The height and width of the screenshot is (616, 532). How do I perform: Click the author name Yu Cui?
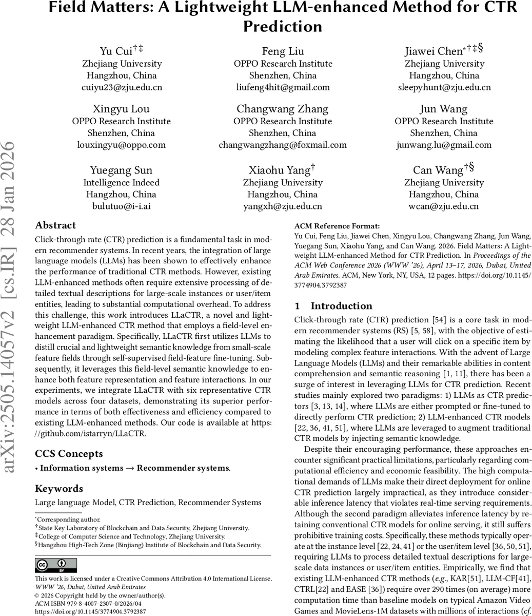click(115, 51)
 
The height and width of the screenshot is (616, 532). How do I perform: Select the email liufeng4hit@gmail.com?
click(283, 87)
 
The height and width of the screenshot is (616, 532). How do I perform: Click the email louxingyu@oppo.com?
click(122, 144)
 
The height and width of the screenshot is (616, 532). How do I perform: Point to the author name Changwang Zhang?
click(283, 109)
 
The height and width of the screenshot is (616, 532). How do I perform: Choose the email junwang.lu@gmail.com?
click(444, 144)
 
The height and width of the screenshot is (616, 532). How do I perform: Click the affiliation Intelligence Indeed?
click(122, 182)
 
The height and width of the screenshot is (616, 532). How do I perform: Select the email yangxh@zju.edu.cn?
click(283, 206)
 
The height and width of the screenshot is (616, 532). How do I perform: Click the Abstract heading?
click(55, 225)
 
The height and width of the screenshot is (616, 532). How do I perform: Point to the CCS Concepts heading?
click(69, 453)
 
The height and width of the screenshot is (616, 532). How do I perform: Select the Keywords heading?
click(59, 488)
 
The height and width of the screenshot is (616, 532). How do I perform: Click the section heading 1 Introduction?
click(333, 306)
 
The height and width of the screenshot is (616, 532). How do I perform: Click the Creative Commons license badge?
click(56, 565)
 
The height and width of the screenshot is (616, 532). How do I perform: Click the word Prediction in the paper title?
click(283, 26)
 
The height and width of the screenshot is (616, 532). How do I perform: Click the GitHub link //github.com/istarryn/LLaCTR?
click(90, 433)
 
